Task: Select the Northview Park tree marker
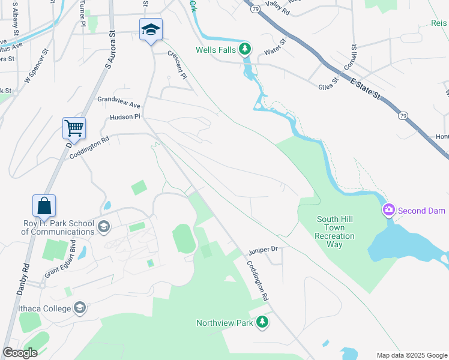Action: (262, 323)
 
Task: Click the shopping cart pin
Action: (74, 127)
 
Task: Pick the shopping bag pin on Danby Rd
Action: (44, 205)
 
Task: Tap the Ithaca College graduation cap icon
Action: (79, 308)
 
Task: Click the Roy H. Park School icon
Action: (104, 227)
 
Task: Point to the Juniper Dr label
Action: (264, 248)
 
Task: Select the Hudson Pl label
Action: (124, 116)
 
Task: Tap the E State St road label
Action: (366, 87)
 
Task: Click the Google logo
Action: (20, 353)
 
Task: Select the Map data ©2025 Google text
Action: (411, 355)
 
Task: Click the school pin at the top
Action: (151, 29)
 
